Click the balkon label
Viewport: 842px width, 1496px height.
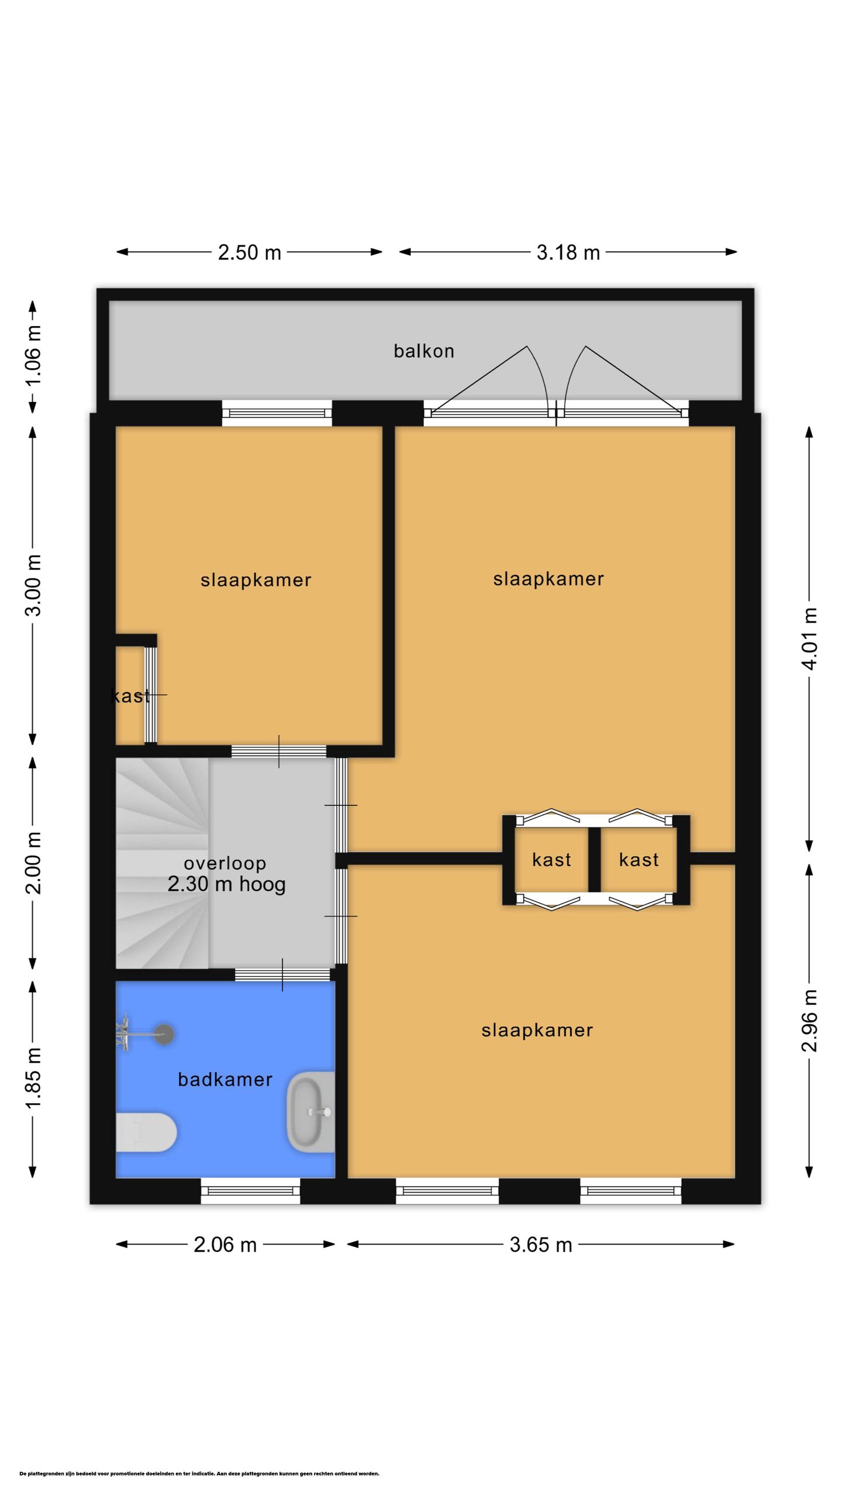(423, 351)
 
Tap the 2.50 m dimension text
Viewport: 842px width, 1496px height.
(250, 252)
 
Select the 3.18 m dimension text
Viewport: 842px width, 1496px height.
(568, 252)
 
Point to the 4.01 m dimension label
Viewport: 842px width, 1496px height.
(810, 639)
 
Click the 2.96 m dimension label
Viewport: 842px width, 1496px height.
(810, 1020)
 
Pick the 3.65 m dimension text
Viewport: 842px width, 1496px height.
(541, 1245)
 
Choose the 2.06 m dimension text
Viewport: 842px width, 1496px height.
(225, 1245)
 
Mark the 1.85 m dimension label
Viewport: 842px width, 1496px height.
(34, 1077)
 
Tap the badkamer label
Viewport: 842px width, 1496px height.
(225, 1079)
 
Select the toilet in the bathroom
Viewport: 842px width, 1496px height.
(146, 1132)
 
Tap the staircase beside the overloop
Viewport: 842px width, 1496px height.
(162, 863)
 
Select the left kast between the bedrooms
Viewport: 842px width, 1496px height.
(551, 860)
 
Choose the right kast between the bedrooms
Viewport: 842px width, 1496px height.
(639, 860)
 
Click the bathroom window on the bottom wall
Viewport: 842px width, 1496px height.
(250, 1191)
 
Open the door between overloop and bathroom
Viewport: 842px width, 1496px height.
(282, 974)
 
